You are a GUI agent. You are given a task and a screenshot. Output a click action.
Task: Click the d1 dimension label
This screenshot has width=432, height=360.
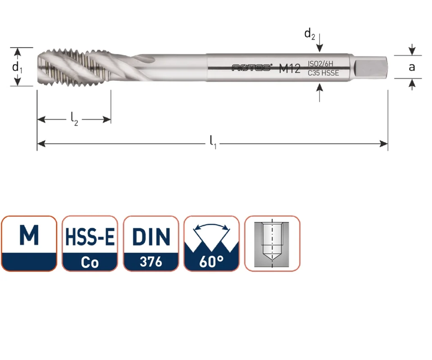click(x=17, y=67)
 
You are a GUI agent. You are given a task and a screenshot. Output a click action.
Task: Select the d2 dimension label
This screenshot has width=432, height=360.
click(x=309, y=34)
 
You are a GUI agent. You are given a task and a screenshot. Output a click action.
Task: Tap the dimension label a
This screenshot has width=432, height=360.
click(x=412, y=67)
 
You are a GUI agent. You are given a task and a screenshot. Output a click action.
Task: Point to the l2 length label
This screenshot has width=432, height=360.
click(x=74, y=119)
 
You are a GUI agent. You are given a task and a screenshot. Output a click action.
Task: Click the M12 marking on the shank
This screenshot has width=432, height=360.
click(x=290, y=68)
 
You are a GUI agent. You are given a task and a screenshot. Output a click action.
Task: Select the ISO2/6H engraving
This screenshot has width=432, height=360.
click(x=320, y=64)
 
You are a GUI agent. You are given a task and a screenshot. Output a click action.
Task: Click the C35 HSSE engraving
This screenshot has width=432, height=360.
click(x=323, y=73)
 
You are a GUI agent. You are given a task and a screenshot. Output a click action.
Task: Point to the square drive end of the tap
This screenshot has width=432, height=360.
click(x=370, y=67)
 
